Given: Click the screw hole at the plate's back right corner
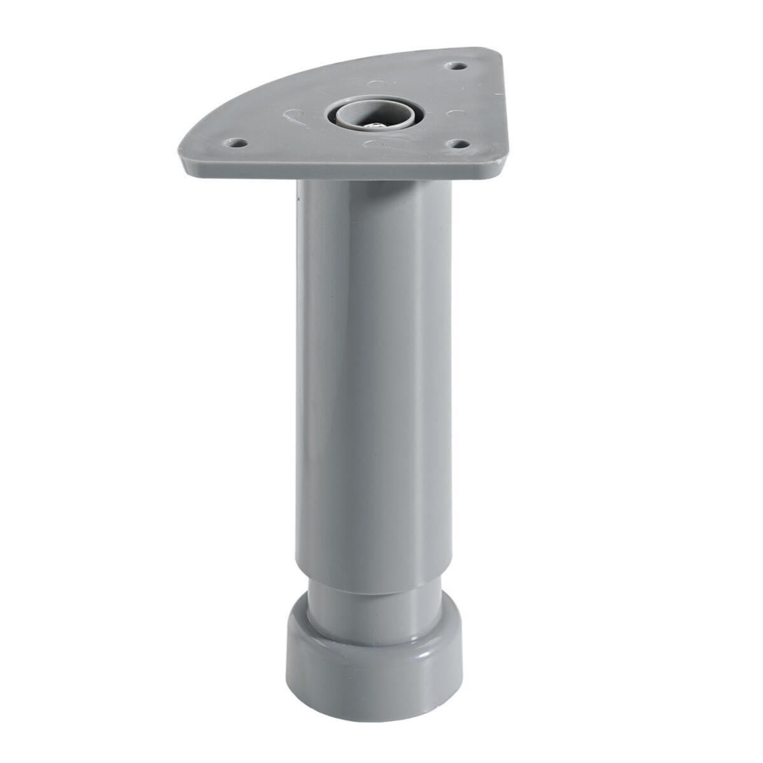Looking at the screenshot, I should click(457, 66).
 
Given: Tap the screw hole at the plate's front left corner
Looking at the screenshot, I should click(237, 143).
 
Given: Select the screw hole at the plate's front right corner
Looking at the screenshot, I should click(456, 143).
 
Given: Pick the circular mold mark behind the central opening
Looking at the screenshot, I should click(375, 83).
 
